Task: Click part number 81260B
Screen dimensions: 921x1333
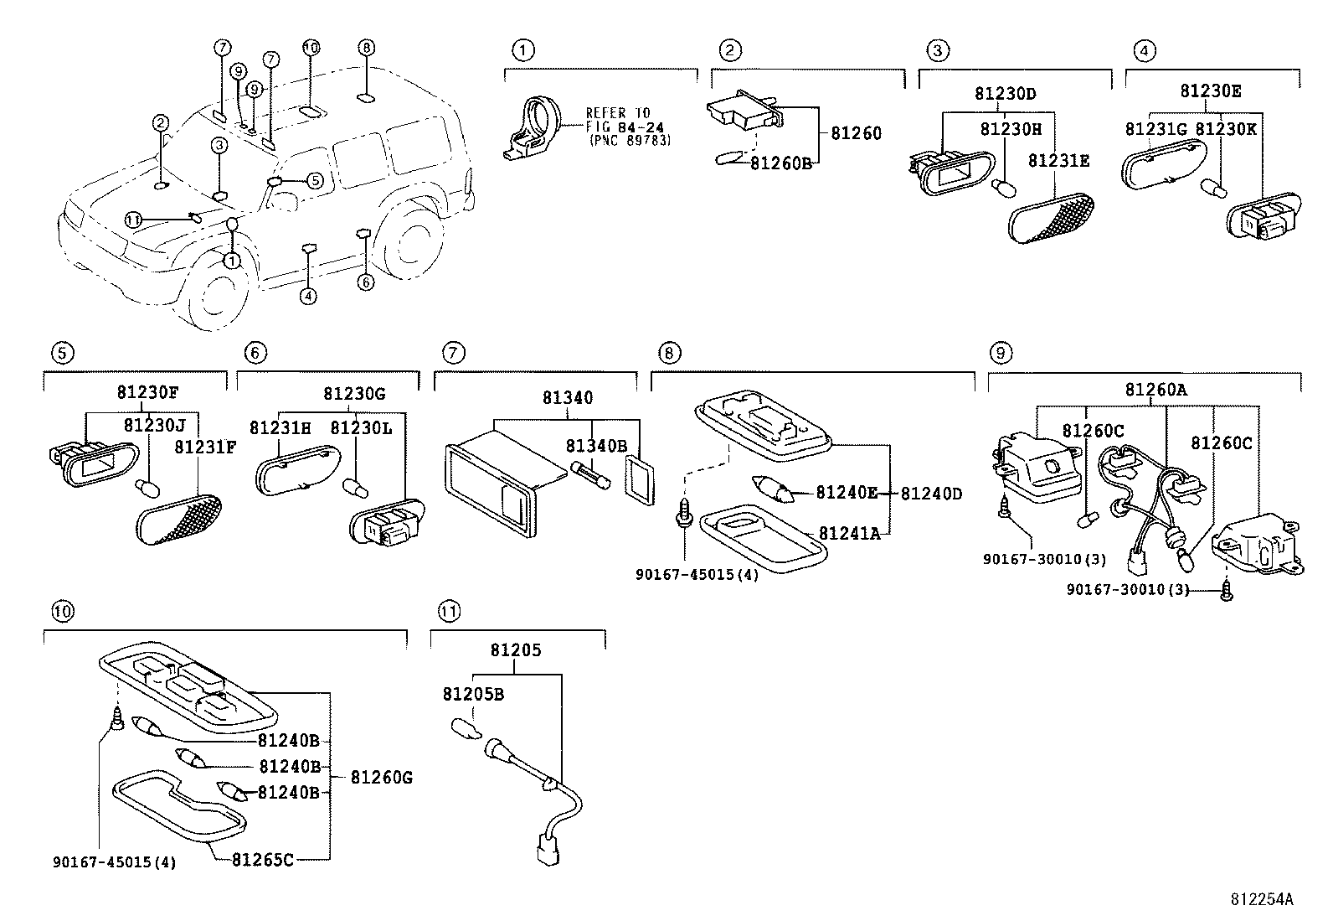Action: pyautogui.click(x=780, y=163)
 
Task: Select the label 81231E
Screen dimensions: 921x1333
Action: pyautogui.click(x=1058, y=160)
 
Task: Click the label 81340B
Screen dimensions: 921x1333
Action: pyautogui.click(x=596, y=446)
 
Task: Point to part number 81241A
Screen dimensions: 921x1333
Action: pyautogui.click(x=849, y=533)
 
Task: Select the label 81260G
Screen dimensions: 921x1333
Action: pyautogui.click(x=381, y=777)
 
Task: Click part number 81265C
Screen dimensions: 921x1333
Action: pyautogui.click(x=263, y=859)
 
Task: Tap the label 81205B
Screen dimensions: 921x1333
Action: pyautogui.click(x=473, y=694)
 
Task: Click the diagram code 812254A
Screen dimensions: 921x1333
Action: pyautogui.click(x=1261, y=899)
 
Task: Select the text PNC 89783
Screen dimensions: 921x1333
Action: pyautogui.click(x=630, y=140)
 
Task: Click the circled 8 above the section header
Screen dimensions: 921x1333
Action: pyautogui.click(x=667, y=353)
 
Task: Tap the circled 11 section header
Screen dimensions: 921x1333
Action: pyautogui.click(x=449, y=612)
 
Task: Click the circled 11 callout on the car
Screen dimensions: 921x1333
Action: pyautogui.click(x=134, y=220)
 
